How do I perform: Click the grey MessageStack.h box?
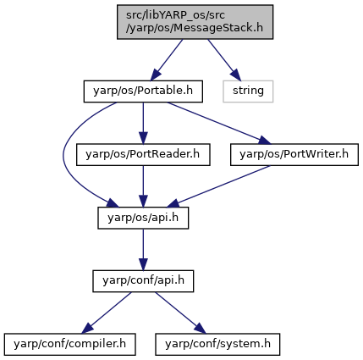tap(195, 22)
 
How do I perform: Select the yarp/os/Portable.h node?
tap(143, 91)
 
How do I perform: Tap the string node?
tap(248, 91)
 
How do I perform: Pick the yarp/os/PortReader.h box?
tap(143, 155)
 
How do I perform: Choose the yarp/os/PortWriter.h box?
tap(294, 155)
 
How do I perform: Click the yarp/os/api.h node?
tap(143, 218)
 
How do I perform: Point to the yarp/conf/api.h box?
tap(143, 281)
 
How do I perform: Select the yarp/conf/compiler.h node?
tap(69, 345)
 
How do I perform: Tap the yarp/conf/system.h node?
tap(217, 345)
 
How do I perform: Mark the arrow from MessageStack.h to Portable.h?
tap(167, 60)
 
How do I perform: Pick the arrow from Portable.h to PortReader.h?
tap(143, 123)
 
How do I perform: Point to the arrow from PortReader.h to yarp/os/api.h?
tap(143, 186)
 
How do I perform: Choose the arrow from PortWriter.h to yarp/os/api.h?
tap(219, 186)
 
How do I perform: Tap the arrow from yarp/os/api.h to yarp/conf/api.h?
tap(143, 250)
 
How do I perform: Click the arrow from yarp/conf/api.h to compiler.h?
tap(107, 313)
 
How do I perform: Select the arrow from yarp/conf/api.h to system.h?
tap(180, 313)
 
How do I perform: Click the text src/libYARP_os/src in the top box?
tap(175, 15)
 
